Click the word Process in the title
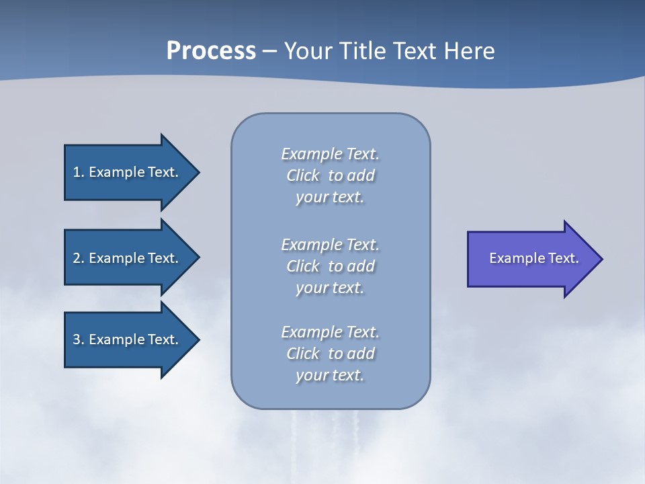[x=211, y=51]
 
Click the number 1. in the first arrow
[x=79, y=172]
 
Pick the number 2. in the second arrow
[x=79, y=258]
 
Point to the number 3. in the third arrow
[x=79, y=339]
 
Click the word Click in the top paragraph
[x=303, y=176]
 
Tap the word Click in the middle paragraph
[x=303, y=266]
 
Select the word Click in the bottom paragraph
[x=303, y=354]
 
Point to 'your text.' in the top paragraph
[x=330, y=198]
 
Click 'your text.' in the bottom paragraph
[x=330, y=376]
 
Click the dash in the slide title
[x=270, y=52]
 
